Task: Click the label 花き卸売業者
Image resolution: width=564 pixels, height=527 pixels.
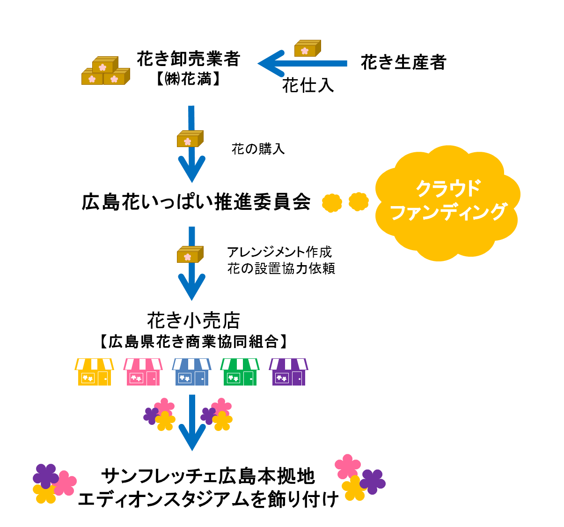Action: pyautogui.click(x=188, y=59)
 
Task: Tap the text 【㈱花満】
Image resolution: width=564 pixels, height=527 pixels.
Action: pyautogui.click(x=188, y=79)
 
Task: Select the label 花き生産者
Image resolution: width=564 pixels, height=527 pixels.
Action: pyautogui.click(x=403, y=62)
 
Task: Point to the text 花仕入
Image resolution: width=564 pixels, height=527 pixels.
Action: pyautogui.click(x=308, y=86)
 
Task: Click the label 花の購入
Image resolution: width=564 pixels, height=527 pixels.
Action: pyautogui.click(x=258, y=149)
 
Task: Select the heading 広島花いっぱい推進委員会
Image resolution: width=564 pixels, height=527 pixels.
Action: pyautogui.click(x=196, y=202)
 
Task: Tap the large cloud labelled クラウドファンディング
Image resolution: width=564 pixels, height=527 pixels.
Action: pyautogui.click(x=448, y=201)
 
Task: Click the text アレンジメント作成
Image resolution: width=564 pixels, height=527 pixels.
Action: pyautogui.click(x=279, y=252)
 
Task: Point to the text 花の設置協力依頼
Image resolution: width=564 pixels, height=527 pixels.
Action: pyautogui.click(x=281, y=268)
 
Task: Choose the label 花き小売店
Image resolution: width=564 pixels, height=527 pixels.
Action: pyautogui.click(x=193, y=321)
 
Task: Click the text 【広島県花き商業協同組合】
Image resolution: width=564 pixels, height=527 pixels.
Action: pyautogui.click(x=193, y=341)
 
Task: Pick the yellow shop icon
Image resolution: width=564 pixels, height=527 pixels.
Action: pyautogui.click(x=94, y=372)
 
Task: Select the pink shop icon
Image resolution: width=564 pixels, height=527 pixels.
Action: pyautogui.click(x=143, y=372)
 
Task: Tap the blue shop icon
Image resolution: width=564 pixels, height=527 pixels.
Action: pyautogui.click(x=191, y=372)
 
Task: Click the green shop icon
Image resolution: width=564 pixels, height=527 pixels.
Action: pyautogui.click(x=240, y=372)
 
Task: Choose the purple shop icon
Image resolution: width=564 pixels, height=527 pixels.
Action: pyautogui.click(x=288, y=372)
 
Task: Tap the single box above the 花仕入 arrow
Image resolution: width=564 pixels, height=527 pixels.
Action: pyautogui.click(x=307, y=49)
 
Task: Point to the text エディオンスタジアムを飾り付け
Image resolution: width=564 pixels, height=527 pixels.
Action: pyautogui.click(x=208, y=499)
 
